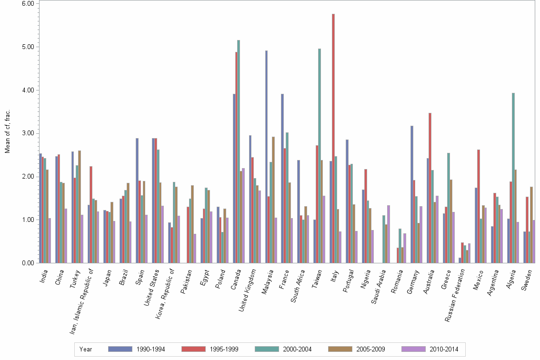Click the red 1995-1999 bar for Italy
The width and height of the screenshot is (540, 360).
click(x=333, y=138)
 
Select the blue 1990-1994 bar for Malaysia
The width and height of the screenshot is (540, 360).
click(x=266, y=157)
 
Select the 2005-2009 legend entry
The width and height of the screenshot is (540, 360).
click(x=356, y=349)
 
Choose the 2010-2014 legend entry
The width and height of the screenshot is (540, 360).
click(x=430, y=349)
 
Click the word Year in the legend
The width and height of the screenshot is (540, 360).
click(x=86, y=350)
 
